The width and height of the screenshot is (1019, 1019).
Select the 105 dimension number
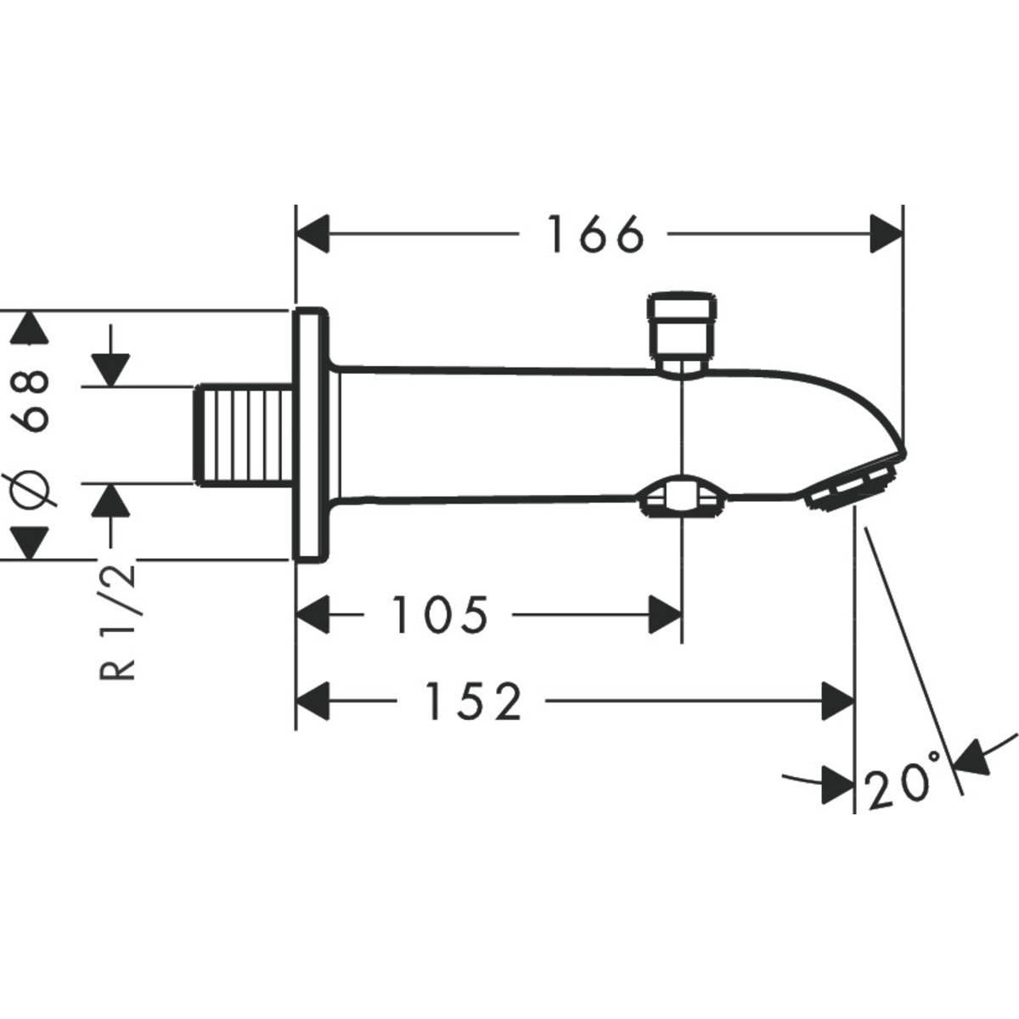click(x=440, y=615)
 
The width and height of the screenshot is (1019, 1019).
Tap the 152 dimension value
click(x=472, y=702)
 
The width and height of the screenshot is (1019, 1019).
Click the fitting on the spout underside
click(x=681, y=498)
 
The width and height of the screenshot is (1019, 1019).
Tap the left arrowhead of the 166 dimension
click(x=312, y=234)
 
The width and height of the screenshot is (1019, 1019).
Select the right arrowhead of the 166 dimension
click(x=887, y=234)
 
